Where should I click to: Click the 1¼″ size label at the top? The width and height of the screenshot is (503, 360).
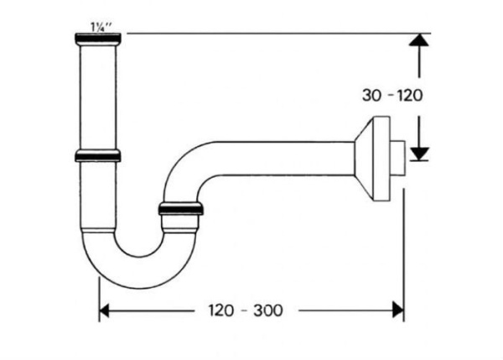coord(98,27)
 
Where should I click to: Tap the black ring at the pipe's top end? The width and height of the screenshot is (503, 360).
coord(98,39)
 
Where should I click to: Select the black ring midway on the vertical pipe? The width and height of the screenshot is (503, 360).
coord(97,155)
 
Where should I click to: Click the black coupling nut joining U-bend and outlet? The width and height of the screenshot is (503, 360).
coord(180,209)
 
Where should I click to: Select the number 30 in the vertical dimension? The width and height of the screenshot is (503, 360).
coord(371,95)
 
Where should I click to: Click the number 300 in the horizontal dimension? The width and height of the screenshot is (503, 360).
coord(267,310)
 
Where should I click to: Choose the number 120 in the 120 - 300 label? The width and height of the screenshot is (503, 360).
coord(221,310)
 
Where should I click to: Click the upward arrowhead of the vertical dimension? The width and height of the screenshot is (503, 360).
coord(419,42)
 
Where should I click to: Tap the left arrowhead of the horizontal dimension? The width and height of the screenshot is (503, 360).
coord(106,310)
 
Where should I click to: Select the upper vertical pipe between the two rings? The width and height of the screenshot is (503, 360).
coord(97,97)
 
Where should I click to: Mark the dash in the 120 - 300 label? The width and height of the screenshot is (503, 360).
coord(244,310)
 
